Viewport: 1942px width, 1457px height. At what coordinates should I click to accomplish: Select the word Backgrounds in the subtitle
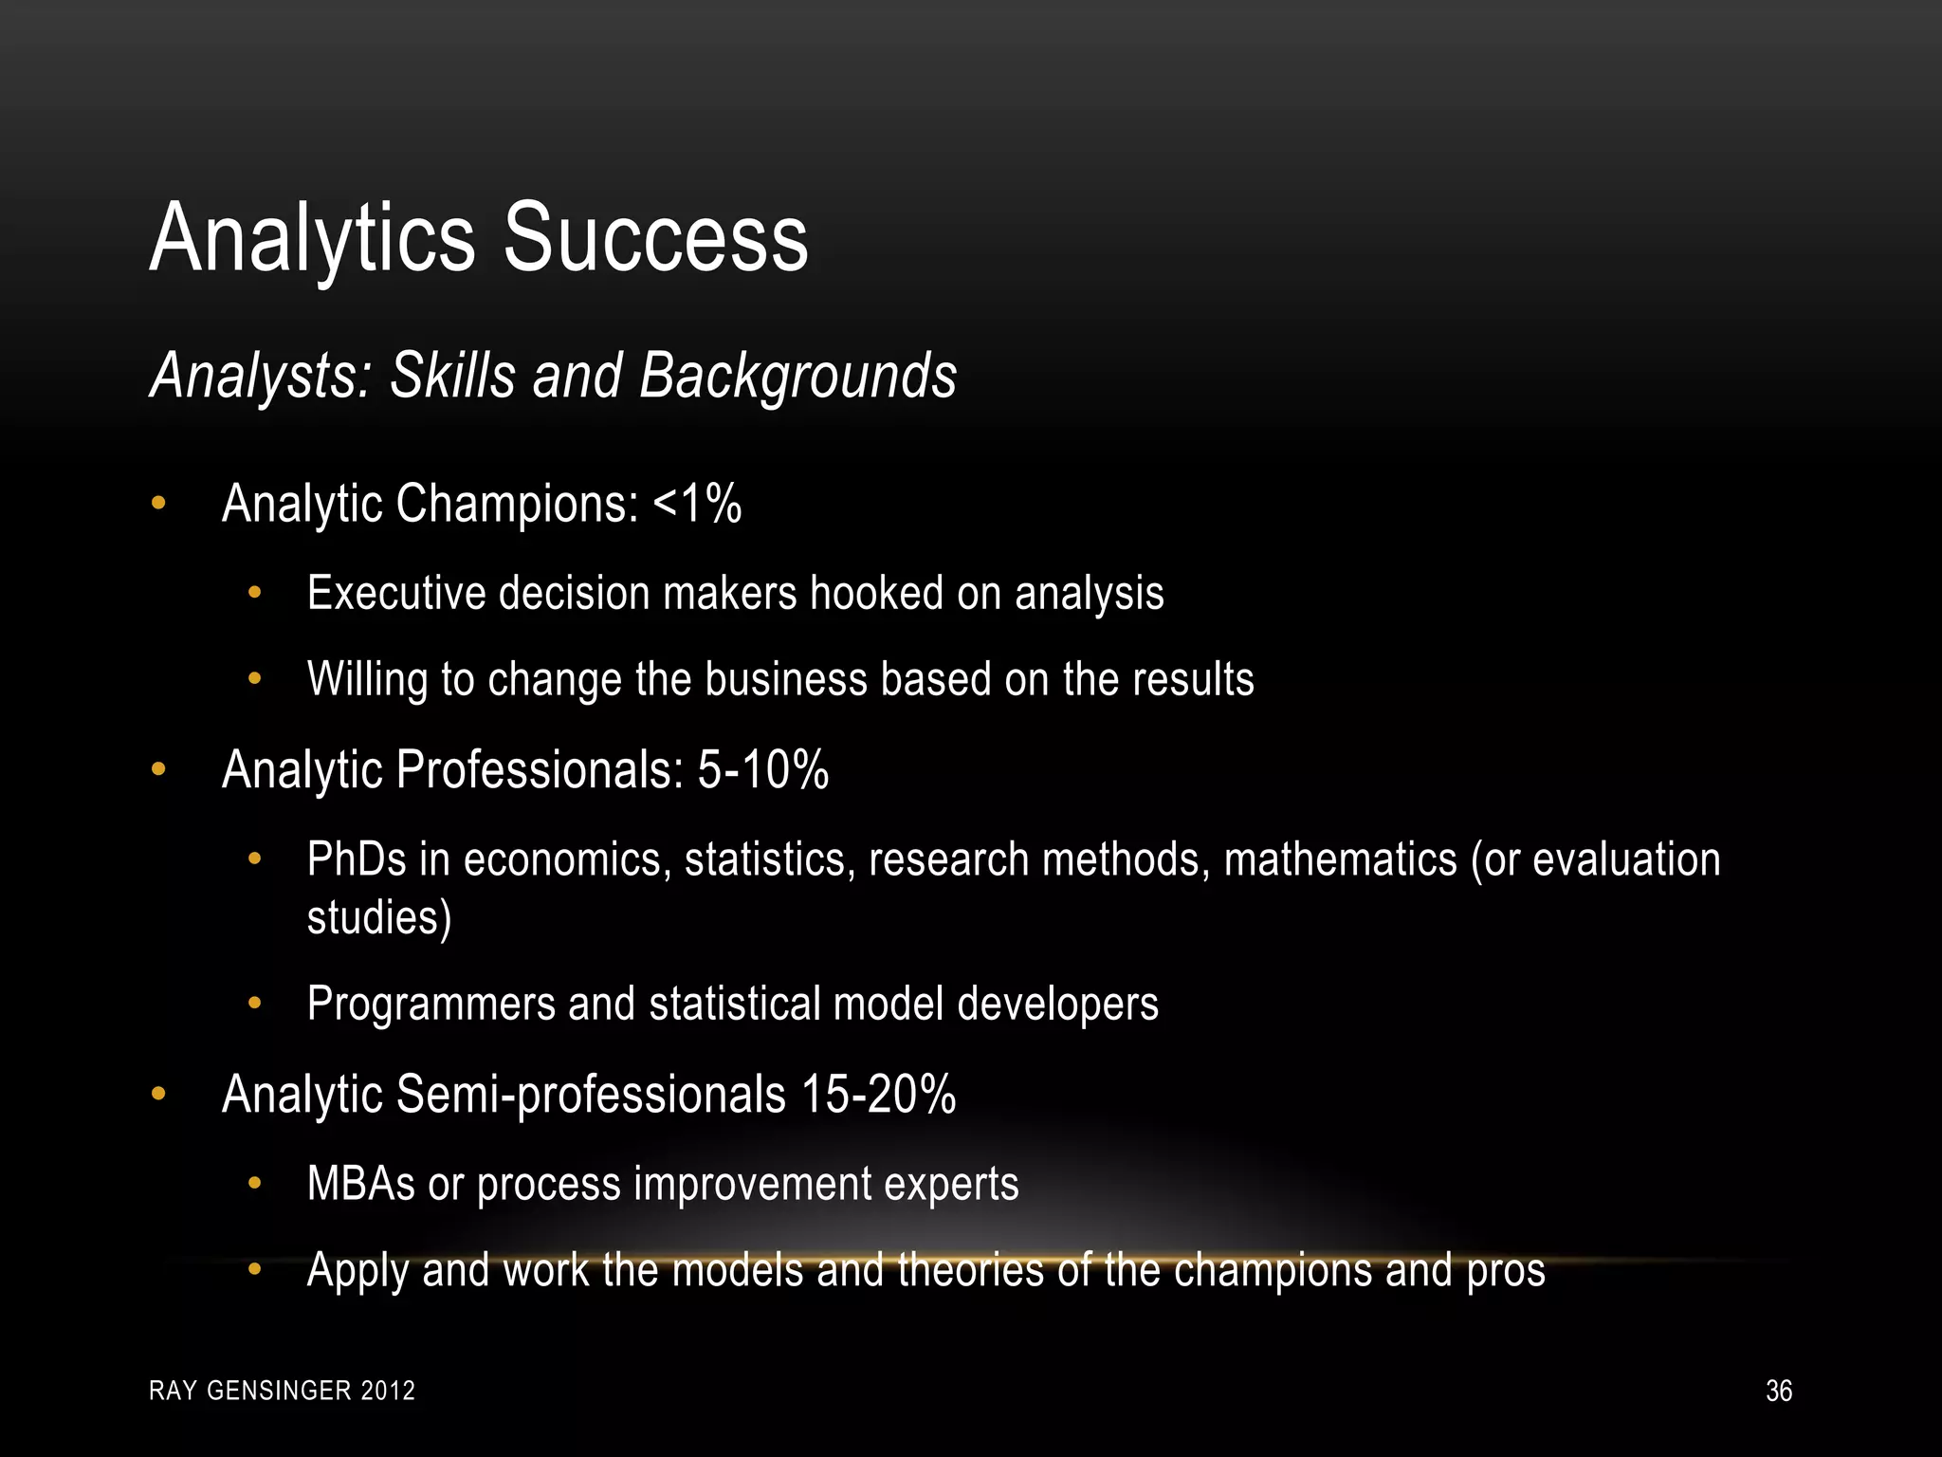[x=797, y=376]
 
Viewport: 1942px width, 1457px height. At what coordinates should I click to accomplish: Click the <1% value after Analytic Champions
[x=697, y=503]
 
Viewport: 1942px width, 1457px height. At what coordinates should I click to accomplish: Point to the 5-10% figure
[x=763, y=769]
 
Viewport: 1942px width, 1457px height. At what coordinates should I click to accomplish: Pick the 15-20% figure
[x=878, y=1094]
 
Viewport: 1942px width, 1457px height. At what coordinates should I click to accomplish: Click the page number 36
[x=1779, y=1391]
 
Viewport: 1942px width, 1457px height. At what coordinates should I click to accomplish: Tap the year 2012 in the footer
[x=389, y=1391]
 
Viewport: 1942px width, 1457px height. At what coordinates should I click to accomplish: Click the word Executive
[x=396, y=594]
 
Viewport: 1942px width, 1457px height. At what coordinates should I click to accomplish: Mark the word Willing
[x=368, y=679]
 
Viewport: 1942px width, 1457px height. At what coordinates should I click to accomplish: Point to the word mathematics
[x=1340, y=859]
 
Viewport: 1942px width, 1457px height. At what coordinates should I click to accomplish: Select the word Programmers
[x=431, y=1004]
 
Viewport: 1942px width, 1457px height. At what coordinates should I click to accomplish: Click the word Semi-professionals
[x=591, y=1094]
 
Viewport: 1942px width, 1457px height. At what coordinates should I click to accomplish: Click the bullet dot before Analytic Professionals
[x=158, y=770]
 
